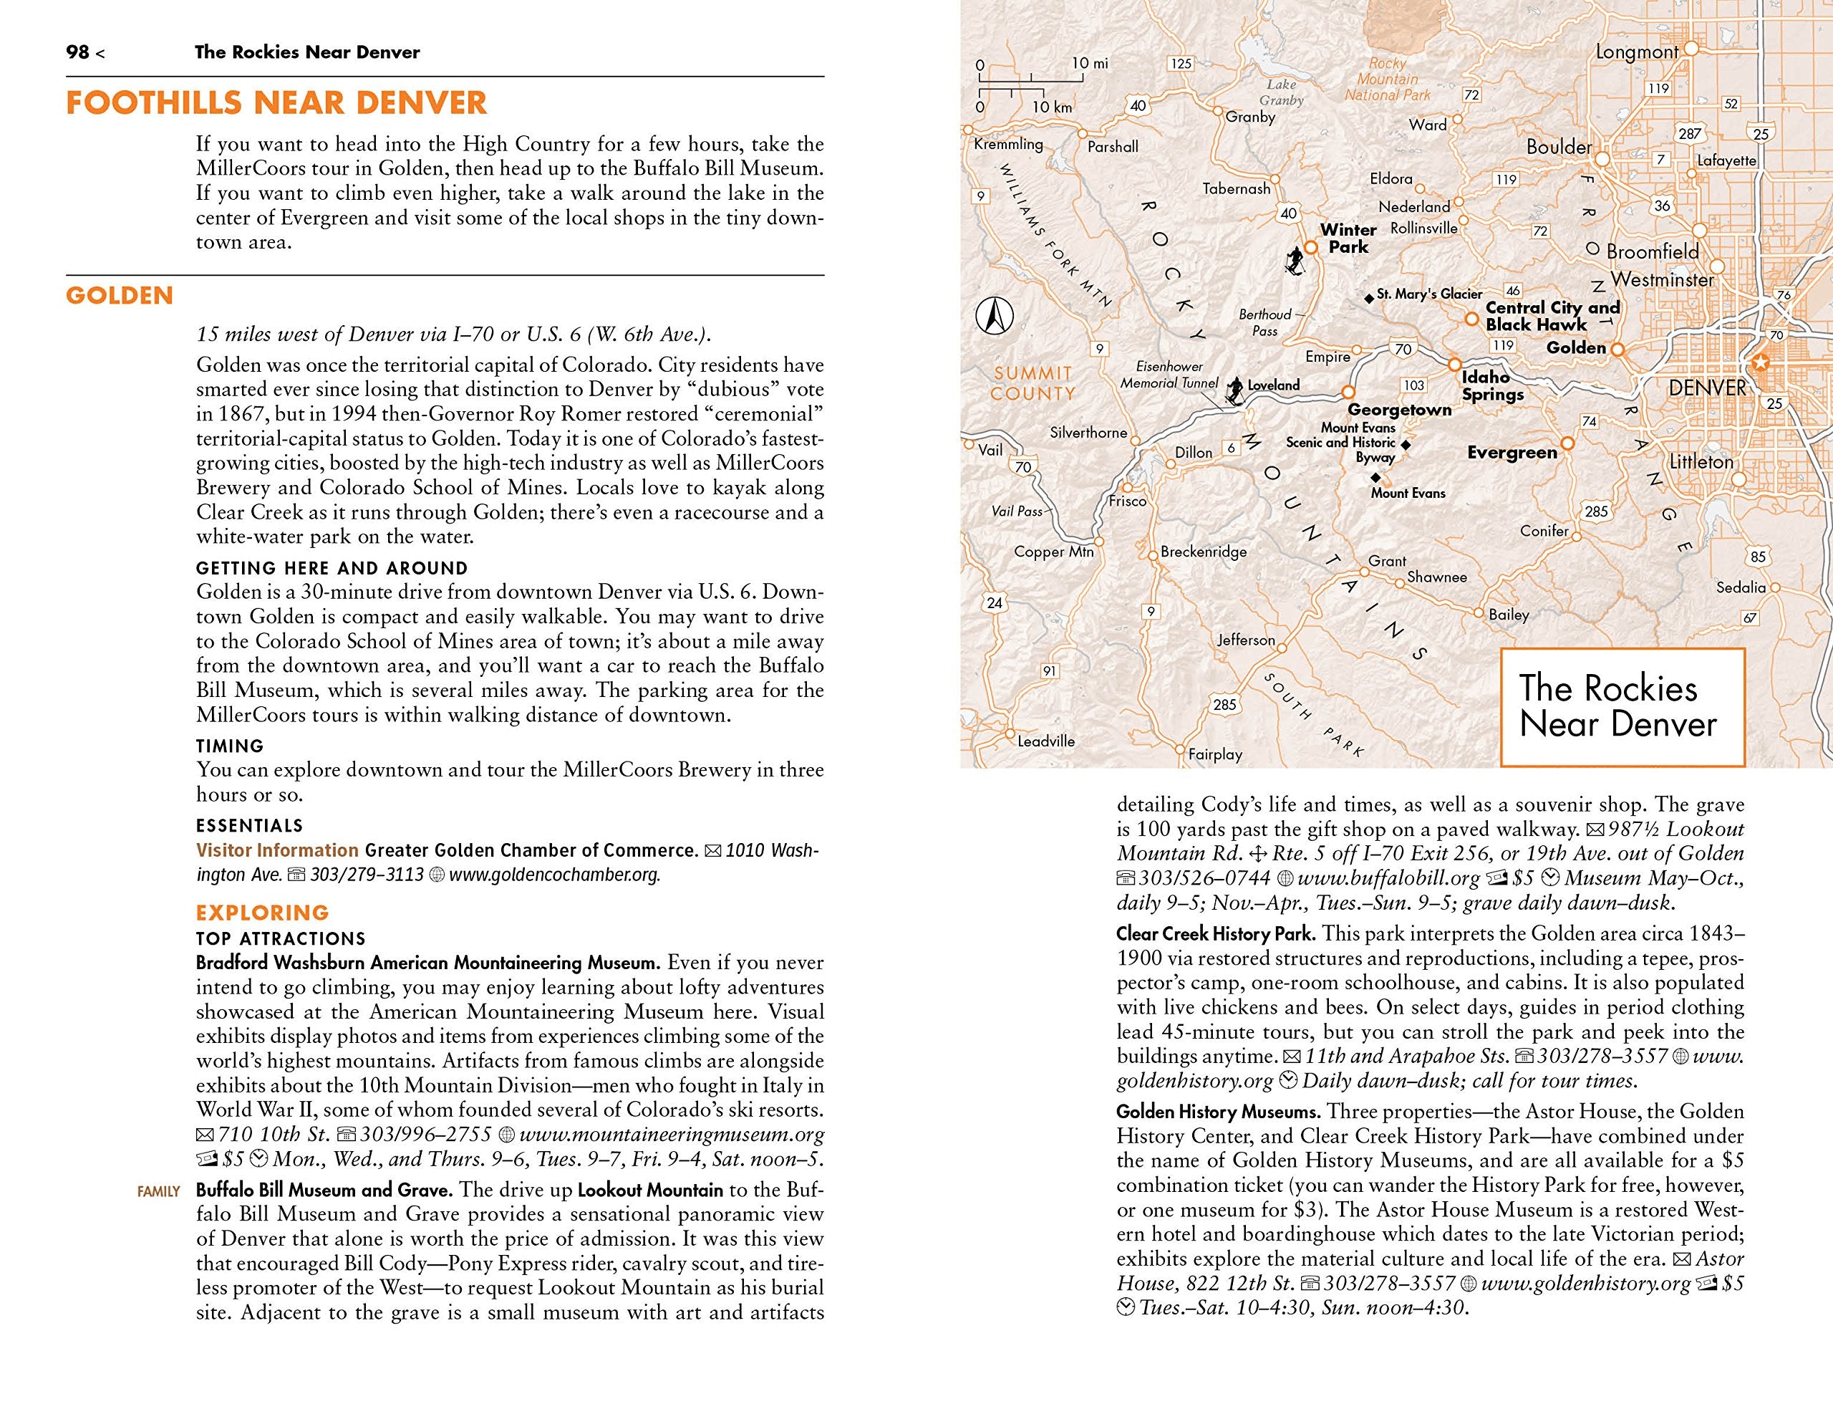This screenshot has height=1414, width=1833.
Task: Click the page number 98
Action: [77, 52]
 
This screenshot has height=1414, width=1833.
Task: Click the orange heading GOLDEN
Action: [119, 296]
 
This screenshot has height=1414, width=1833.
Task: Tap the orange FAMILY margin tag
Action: [159, 1191]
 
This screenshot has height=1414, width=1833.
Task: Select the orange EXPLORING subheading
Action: [262, 913]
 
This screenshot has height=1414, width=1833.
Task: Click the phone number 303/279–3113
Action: [367, 875]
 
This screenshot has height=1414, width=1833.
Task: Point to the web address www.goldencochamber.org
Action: [554, 875]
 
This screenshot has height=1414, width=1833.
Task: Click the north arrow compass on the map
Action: [995, 317]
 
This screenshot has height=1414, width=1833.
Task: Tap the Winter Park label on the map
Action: [1348, 239]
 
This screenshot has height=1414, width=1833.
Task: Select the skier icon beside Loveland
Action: [1234, 389]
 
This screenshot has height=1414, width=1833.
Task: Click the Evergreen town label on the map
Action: [1512, 453]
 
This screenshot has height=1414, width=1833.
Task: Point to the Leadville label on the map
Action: [1046, 741]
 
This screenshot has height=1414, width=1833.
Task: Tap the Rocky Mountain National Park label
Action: [1388, 80]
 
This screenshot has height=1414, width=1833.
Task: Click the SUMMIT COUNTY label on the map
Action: [1032, 383]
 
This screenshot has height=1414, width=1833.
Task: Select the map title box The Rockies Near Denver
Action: [1622, 706]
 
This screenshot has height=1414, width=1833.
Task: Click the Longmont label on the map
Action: [1637, 52]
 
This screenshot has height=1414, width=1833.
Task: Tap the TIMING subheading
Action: [230, 746]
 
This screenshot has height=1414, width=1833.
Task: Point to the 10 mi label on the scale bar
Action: [1089, 63]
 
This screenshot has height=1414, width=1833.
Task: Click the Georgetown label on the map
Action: [1399, 410]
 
